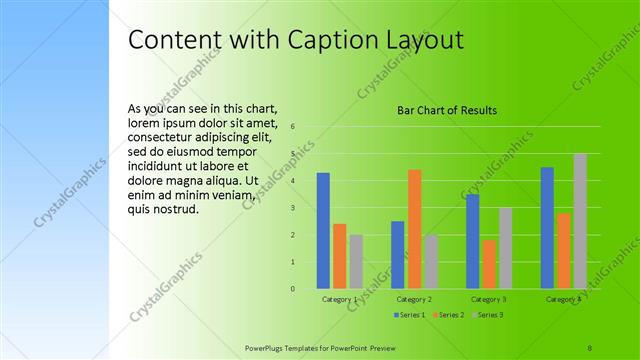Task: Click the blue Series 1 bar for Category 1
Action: [323, 231]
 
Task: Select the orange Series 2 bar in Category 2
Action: [414, 229]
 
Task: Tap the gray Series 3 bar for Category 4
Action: [580, 221]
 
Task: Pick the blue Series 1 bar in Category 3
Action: [472, 241]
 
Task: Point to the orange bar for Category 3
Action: [489, 264]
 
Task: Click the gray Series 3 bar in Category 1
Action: [356, 262]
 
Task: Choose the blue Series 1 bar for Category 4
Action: [547, 228]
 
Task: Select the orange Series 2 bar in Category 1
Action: [340, 256]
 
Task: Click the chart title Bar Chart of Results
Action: [447, 110]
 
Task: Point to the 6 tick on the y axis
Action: [292, 127]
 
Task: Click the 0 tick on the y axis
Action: [292, 289]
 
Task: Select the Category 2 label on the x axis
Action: [414, 299]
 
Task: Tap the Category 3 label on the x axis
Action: [489, 299]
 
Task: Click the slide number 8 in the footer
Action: [590, 347]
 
